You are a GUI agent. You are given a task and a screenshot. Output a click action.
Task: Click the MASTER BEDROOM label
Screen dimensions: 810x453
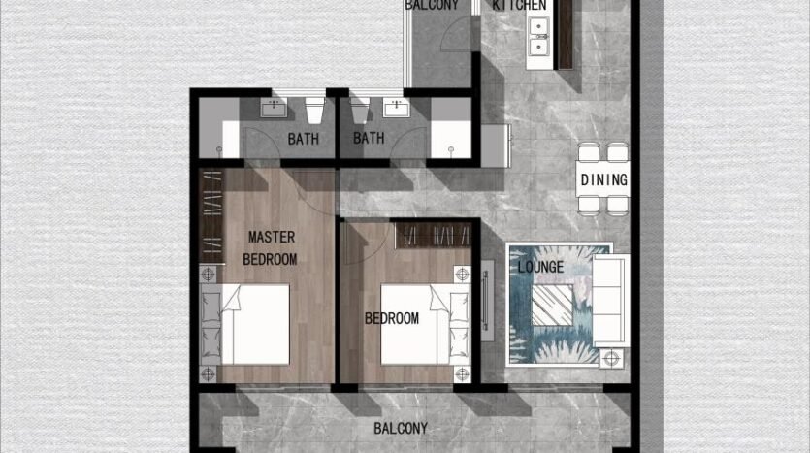point(271,248)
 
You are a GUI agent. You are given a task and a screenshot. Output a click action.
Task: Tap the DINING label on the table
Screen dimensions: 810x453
point(604,179)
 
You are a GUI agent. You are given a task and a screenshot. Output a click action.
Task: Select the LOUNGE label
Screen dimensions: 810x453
point(540,267)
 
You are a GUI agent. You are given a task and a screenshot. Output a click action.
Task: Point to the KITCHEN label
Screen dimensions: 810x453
point(519,5)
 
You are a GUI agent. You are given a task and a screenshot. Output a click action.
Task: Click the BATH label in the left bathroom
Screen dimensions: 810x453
point(304,139)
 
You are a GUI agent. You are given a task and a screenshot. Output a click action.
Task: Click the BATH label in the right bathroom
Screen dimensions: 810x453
point(369,138)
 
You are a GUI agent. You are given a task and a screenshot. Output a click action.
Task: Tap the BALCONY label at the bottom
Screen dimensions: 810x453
point(401,428)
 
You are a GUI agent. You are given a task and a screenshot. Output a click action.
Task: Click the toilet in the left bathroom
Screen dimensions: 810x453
point(314,110)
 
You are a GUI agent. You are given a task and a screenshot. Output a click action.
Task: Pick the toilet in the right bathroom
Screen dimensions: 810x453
point(360,110)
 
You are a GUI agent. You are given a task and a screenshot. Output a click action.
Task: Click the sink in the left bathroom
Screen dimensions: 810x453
point(274,109)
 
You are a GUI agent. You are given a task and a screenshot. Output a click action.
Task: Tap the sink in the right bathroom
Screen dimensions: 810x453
point(396,109)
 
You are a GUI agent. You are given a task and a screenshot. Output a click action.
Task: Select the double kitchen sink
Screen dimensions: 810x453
point(538,37)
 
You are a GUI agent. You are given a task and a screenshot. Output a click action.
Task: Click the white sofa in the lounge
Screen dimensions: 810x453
point(610,300)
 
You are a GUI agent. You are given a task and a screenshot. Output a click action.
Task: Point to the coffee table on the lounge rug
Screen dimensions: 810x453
point(552,305)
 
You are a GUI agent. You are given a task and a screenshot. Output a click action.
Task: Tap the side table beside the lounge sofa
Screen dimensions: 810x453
point(612,358)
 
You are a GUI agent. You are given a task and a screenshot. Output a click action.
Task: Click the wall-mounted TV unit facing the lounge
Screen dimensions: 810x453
point(487,300)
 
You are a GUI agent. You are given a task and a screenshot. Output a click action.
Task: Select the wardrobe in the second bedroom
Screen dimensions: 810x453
point(434,236)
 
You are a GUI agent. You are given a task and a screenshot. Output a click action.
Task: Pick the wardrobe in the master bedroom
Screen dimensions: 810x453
point(211,216)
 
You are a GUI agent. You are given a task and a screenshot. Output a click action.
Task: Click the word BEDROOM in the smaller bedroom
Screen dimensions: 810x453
point(392,318)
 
